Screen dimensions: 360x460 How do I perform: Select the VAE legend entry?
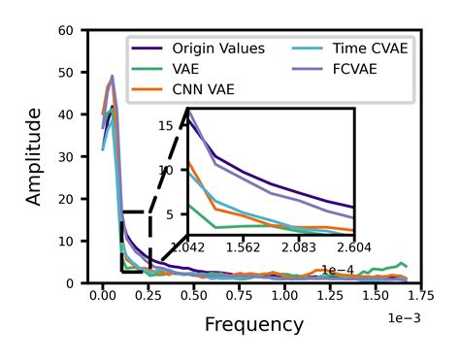pyautogui.click(x=186, y=69)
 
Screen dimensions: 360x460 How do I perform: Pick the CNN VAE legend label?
pyautogui.click(x=203, y=89)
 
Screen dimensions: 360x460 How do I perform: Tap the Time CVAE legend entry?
pyautogui.click(x=370, y=48)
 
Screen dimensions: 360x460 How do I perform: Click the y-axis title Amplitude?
pyautogui.click(x=35, y=156)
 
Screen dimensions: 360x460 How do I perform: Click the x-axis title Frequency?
pyautogui.click(x=254, y=324)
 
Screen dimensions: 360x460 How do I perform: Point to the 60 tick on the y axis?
pyautogui.click(x=67, y=31)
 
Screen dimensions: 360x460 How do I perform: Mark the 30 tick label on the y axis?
pyautogui.click(x=67, y=157)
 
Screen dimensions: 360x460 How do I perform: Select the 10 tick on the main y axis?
pyautogui.click(x=67, y=241)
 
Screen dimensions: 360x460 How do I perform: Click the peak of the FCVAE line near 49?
pyautogui.click(x=112, y=76)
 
